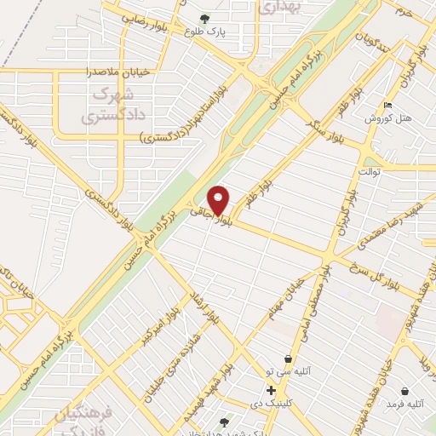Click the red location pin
(x=219, y=199)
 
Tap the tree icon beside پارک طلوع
(x=204, y=18)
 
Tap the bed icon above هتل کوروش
(x=389, y=105)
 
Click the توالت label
(x=369, y=171)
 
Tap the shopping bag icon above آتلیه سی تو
(x=290, y=359)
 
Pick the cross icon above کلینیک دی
(x=271, y=390)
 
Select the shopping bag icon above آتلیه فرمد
(x=405, y=393)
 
